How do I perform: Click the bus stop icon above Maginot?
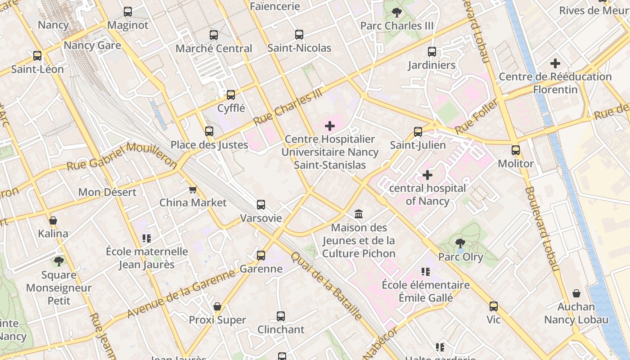[x=128, y=12]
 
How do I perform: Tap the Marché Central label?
[x=214, y=48]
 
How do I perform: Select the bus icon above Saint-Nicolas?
[x=299, y=35]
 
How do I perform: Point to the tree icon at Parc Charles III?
[x=396, y=12]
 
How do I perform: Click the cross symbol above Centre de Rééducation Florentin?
[x=555, y=63]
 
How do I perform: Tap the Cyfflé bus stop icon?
[x=231, y=95]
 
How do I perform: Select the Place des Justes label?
[x=209, y=145]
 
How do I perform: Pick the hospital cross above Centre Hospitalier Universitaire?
[x=330, y=126]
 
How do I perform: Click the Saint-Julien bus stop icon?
[x=418, y=132]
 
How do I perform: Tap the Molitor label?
[x=516, y=163]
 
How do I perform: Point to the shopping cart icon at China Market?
[x=193, y=189]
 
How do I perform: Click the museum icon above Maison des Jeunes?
[x=359, y=214]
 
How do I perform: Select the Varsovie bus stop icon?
[x=261, y=205]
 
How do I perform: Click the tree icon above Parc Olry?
[x=460, y=243]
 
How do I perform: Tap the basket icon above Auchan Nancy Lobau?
[x=576, y=294]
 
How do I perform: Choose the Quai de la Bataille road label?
[x=326, y=286]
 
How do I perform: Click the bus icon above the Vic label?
[x=494, y=306]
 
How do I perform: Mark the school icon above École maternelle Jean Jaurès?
[x=147, y=238]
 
